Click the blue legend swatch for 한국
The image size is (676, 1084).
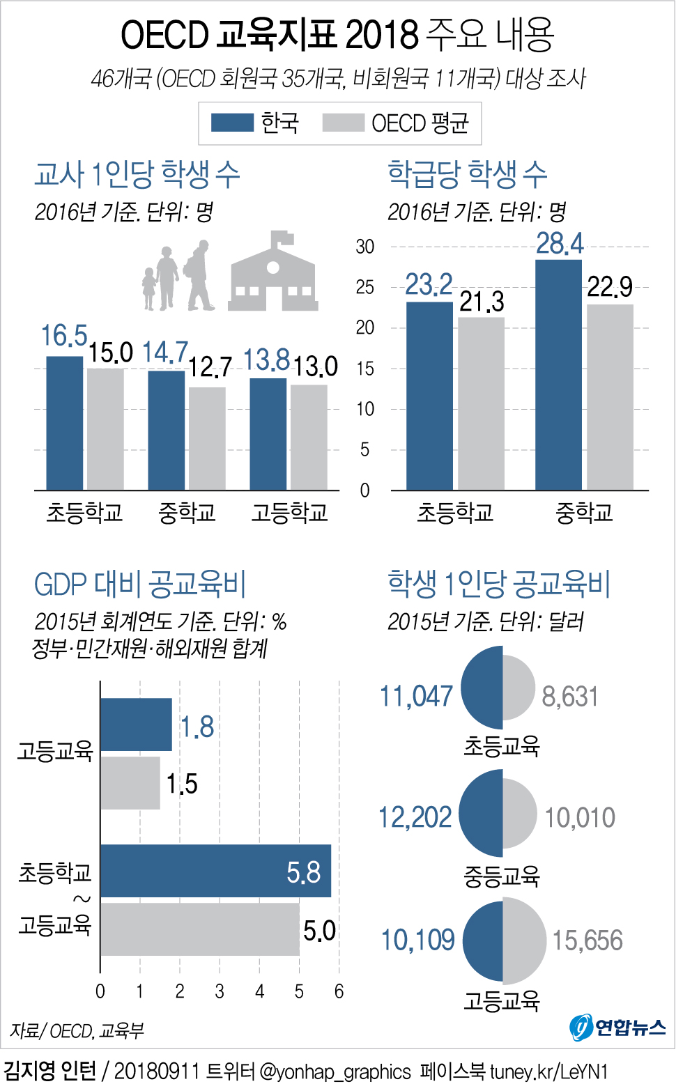point(232,123)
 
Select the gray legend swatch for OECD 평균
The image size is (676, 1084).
point(343,123)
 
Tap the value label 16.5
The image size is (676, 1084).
point(64,336)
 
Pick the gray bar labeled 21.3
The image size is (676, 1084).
point(481,403)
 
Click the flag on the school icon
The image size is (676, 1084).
point(284,238)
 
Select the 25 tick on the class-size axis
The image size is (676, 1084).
point(364,287)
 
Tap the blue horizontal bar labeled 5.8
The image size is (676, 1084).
point(215,871)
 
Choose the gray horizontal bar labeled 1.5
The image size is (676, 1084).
point(130,783)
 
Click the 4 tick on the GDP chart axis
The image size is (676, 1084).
point(259,991)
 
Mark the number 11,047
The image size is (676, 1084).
point(416,696)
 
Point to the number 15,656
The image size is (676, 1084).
point(587,940)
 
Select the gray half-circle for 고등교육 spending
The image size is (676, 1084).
point(524,940)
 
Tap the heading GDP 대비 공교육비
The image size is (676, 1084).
point(140,584)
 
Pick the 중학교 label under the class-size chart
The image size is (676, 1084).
point(584,513)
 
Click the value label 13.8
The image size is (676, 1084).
point(266,360)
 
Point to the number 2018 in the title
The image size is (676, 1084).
point(382,35)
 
